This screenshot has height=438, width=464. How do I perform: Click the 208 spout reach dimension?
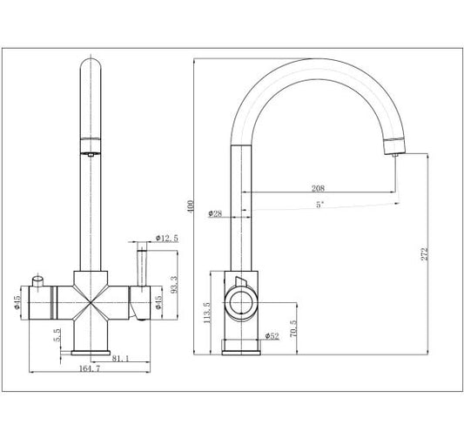pyautogui.click(x=318, y=188)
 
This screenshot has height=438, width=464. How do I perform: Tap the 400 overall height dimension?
pyautogui.click(x=191, y=206)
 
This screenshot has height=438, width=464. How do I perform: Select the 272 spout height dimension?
pyautogui.click(x=425, y=254)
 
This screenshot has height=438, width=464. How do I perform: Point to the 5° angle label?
pyautogui.click(x=319, y=205)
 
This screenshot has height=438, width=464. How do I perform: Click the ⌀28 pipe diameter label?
pyautogui.click(x=215, y=213)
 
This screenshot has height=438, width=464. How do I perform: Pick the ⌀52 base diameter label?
pyautogui.click(x=272, y=336)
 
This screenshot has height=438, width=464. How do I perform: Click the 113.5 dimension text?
pyautogui.click(x=207, y=313)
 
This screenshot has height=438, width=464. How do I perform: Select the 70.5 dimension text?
pyautogui.click(x=293, y=328)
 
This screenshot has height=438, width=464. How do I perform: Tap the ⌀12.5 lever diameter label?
pyautogui.click(x=167, y=238)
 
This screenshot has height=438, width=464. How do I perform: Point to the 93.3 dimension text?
pyautogui.click(x=175, y=285)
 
